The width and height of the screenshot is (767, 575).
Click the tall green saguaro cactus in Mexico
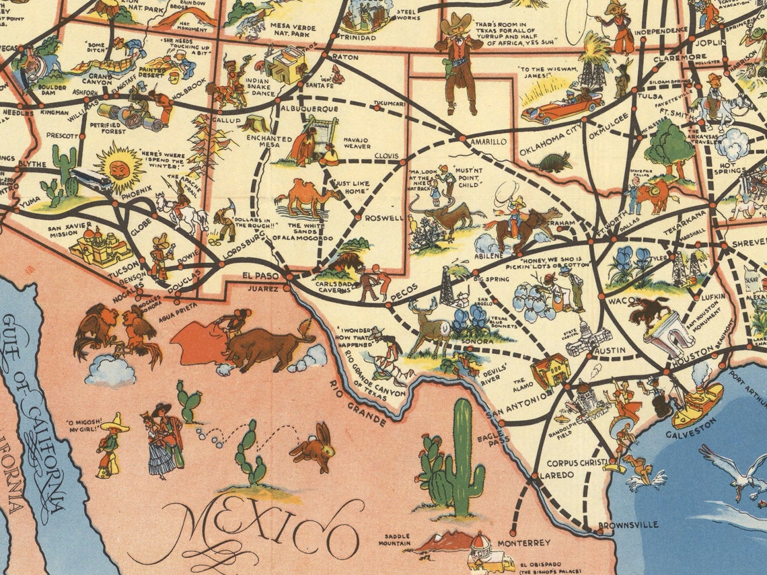click(x=463, y=457)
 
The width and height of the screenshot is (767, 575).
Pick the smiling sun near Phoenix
click(x=119, y=168)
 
